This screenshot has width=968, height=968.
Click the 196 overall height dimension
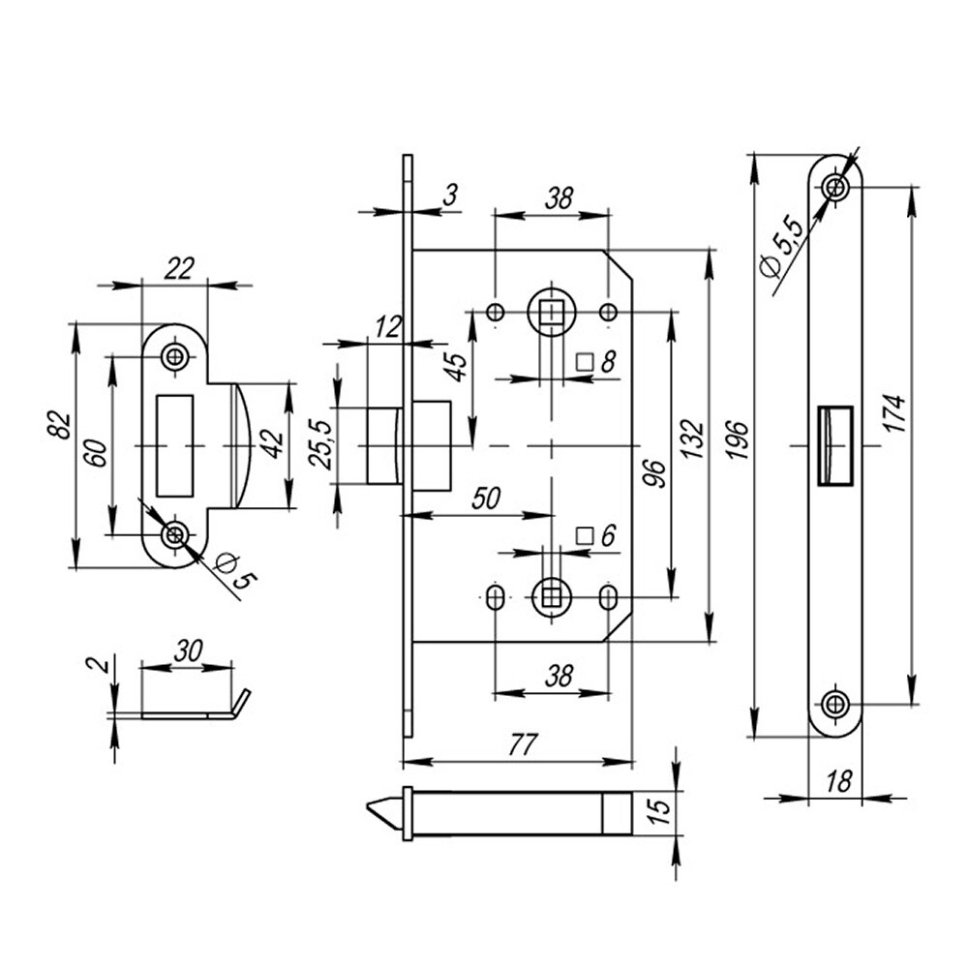(x=738, y=442)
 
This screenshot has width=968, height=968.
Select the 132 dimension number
(x=691, y=442)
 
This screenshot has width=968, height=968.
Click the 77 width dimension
(x=522, y=744)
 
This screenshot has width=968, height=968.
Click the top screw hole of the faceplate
(x=835, y=186)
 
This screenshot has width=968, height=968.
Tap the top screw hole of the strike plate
(x=175, y=355)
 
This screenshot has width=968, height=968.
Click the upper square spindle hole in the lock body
(x=551, y=312)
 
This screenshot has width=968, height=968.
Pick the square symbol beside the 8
(x=584, y=363)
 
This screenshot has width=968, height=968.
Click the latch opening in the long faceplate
(x=834, y=443)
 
